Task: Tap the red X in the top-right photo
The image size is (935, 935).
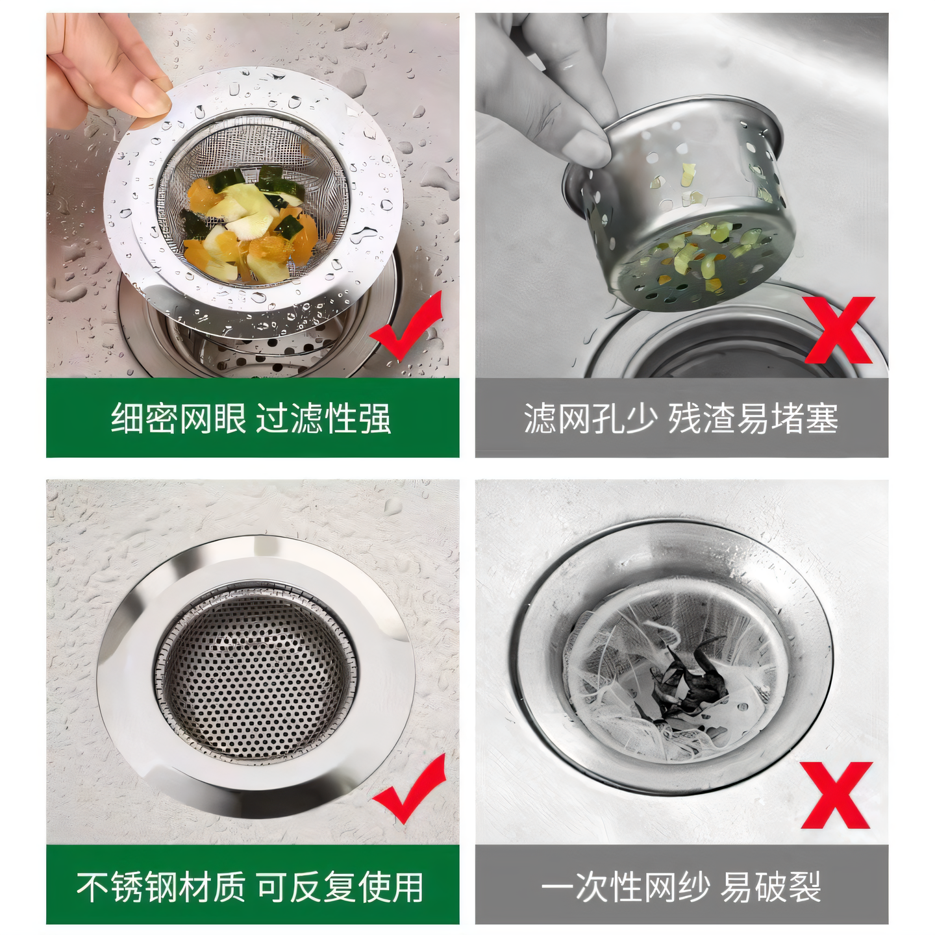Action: click(840, 330)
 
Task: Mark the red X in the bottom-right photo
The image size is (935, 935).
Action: click(836, 796)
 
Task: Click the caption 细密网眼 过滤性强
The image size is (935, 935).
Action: click(251, 418)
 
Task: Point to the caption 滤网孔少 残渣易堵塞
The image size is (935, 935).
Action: click(681, 418)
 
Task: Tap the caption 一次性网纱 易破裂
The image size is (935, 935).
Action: click(681, 887)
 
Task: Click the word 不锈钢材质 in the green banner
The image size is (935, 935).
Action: click(161, 887)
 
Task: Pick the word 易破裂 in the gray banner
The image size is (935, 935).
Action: click(771, 887)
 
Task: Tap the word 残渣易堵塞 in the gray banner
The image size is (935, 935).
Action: click(753, 418)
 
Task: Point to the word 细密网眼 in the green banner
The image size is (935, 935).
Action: click(179, 418)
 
